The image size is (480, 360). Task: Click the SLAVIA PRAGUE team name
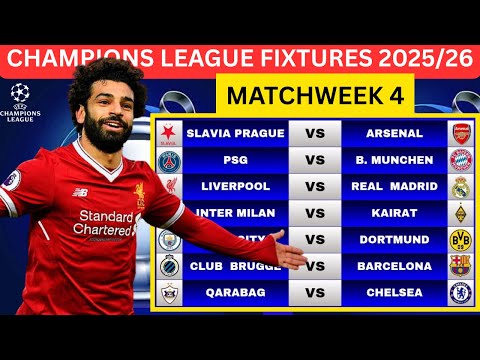point(236,133)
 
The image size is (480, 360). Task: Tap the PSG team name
point(236,160)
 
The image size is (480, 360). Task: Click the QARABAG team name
point(236,292)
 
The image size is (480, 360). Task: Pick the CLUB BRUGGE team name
point(236,266)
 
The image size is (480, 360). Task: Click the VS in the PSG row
point(314,160)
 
